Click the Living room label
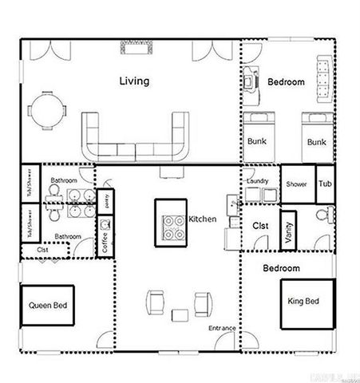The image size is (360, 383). (x=134, y=81)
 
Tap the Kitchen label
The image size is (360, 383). (x=202, y=219)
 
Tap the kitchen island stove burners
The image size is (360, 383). (x=172, y=227)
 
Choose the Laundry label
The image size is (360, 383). (x=257, y=181)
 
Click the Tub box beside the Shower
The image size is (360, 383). (x=325, y=184)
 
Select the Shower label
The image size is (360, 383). (x=296, y=184)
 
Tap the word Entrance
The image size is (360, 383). (x=222, y=328)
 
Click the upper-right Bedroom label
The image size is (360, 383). (x=286, y=82)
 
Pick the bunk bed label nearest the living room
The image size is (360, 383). (x=257, y=141)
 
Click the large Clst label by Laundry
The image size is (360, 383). (x=259, y=226)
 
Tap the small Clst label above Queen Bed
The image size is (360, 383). (x=42, y=250)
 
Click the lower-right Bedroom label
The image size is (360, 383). (x=281, y=268)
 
